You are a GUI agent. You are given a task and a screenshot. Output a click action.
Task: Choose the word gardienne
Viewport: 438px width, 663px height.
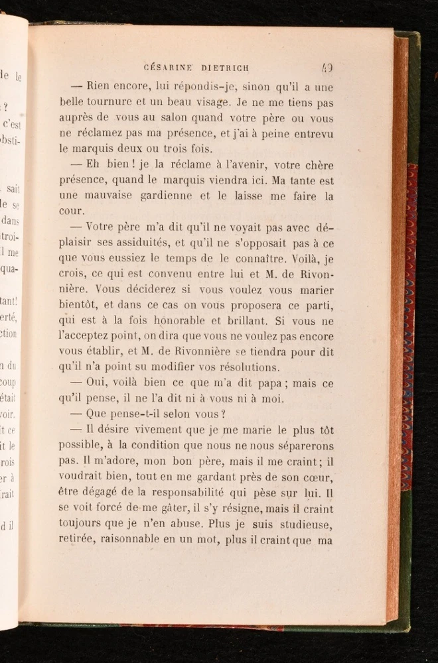click(x=161, y=196)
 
